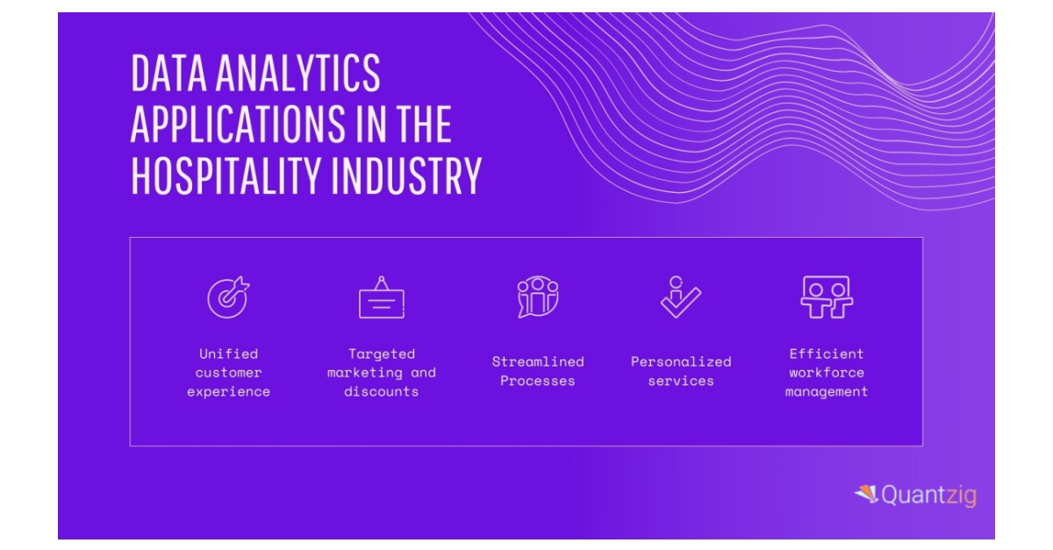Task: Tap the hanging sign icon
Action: (382, 298)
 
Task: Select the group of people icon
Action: (537, 297)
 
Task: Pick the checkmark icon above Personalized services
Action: (680, 297)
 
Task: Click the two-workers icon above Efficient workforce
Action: (827, 297)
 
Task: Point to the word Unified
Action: (228, 354)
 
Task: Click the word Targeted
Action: (382, 354)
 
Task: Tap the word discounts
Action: (382, 392)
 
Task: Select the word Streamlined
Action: (537, 361)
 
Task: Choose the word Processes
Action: (537, 381)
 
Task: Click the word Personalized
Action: (680, 361)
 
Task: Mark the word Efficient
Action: (827, 354)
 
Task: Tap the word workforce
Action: (827, 373)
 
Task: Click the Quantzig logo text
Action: (928, 496)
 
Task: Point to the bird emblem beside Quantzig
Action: (866, 494)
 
